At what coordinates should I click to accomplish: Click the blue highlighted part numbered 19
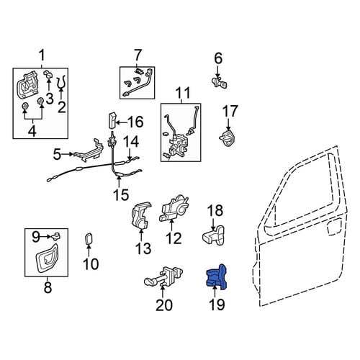pyautogui.click(x=217, y=277)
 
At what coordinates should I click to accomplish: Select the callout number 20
pyautogui.click(x=164, y=305)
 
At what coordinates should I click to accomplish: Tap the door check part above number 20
pyautogui.click(x=164, y=276)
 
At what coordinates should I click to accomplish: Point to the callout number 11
pyautogui.click(x=183, y=93)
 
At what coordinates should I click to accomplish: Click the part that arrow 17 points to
pyautogui.click(x=227, y=138)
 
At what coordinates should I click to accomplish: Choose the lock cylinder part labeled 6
pyautogui.click(x=220, y=82)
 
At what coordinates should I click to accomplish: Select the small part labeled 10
pyautogui.click(x=89, y=239)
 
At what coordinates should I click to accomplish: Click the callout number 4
pyautogui.click(x=32, y=131)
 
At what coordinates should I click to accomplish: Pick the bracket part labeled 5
pyautogui.click(x=89, y=150)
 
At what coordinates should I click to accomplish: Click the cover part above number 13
pyautogui.click(x=141, y=215)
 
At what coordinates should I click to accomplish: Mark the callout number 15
pyautogui.click(x=121, y=194)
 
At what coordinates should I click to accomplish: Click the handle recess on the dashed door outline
pyautogui.click(x=334, y=227)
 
